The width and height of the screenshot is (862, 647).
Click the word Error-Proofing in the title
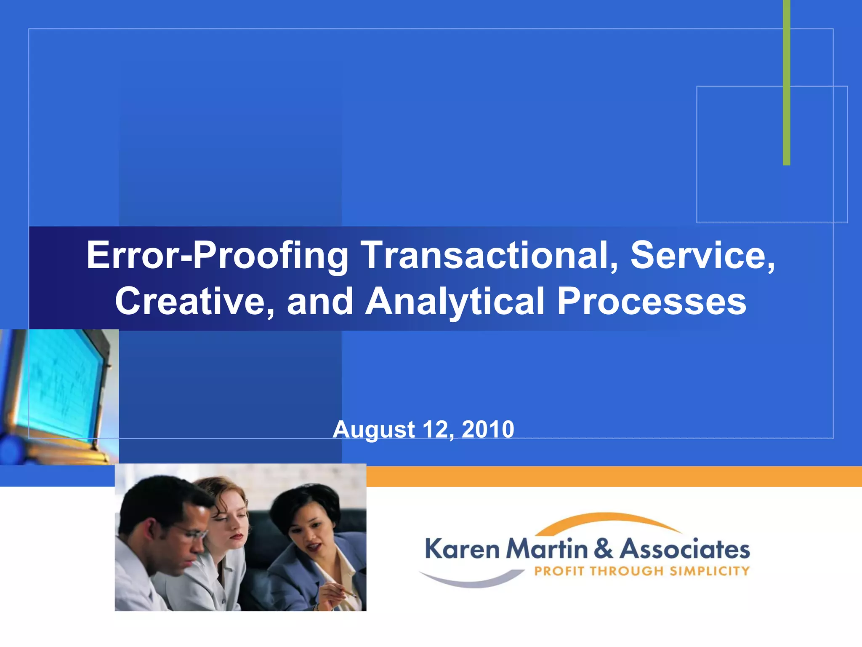[x=217, y=256]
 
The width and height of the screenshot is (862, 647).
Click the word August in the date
[x=374, y=430]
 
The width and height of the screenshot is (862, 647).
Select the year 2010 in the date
[x=488, y=430]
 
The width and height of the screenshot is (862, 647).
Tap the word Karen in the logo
[x=462, y=549]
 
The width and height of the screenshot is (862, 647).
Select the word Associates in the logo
[x=685, y=549]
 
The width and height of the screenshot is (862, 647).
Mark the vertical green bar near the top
[x=786, y=84]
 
